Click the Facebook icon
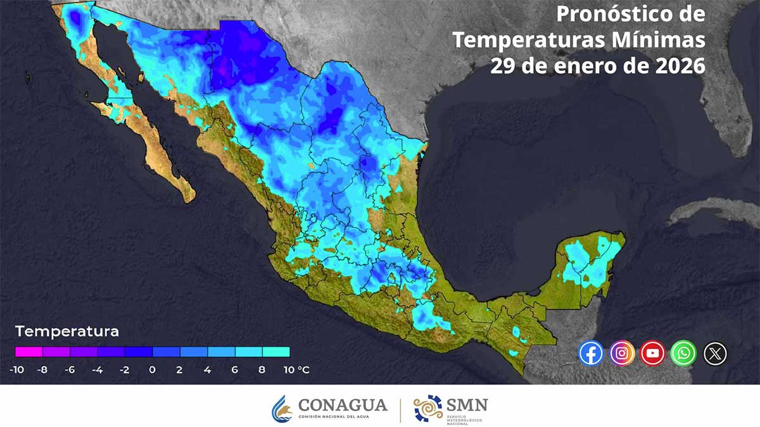click(x=591, y=353)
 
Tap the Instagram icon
click(x=622, y=353)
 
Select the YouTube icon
click(x=652, y=353)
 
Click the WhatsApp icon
click(x=684, y=353)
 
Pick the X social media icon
click(x=715, y=353)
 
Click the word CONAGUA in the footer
click(x=342, y=404)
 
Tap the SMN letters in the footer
click(x=467, y=404)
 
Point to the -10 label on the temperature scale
click(x=16, y=369)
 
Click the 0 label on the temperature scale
click(x=152, y=369)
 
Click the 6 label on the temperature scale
click(x=234, y=369)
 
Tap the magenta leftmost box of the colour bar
click(x=28, y=351)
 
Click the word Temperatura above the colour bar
click(x=67, y=331)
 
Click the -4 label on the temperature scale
click(x=97, y=369)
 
